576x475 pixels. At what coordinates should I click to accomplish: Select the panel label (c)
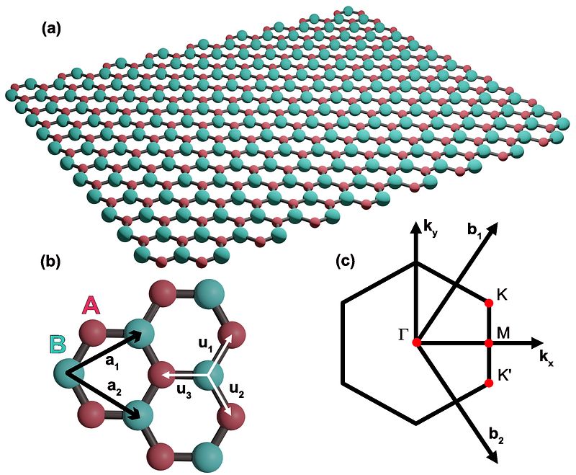point(348,262)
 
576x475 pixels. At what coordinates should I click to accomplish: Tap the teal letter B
point(59,344)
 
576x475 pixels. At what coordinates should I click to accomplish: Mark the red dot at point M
point(489,344)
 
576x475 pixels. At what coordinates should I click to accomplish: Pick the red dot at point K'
point(489,386)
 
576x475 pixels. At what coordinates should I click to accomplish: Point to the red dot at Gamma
point(417,343)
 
